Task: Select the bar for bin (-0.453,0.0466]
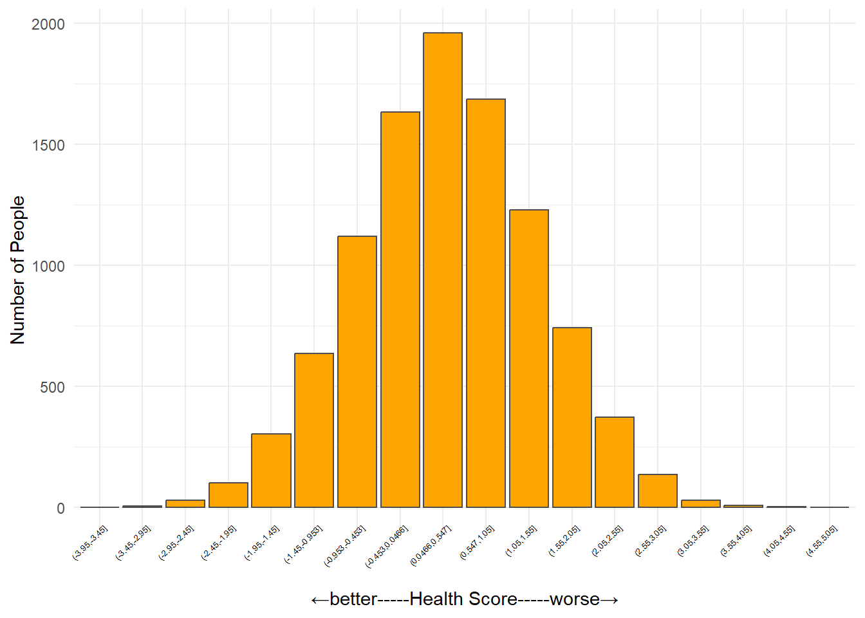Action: pos(400,310)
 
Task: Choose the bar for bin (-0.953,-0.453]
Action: pos(357,371)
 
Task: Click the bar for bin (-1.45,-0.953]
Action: pos(314,430)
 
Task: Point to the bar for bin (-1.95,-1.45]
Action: pos(271,471)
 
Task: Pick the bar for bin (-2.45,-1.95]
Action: pos(228,495)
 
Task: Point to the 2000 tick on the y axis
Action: pos(48,24)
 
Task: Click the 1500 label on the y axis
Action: pos(48,145)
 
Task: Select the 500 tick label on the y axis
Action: pos(52,388)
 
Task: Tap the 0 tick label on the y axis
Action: pos(61,509)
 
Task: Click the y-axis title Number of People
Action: pos(18,270)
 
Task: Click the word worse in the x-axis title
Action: pos(575,599)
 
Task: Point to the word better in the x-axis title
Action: pos(353,599)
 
